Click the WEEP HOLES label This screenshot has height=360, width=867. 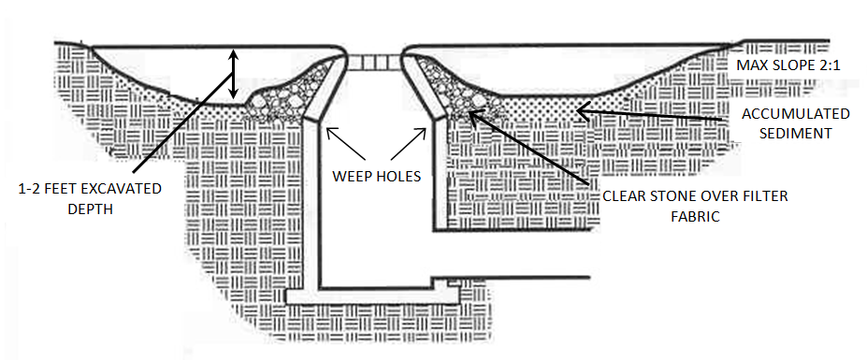376,177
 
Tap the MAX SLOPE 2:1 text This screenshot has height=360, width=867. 788,65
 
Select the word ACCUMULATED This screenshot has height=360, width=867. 796,114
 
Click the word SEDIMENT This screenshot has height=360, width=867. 796,134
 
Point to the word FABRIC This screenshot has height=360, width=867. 695,216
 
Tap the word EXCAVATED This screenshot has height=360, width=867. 119,189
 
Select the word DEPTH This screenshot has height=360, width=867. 90,209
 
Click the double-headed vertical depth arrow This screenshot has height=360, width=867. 234,75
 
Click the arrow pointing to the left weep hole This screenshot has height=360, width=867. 345,143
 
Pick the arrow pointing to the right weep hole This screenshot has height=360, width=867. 409,143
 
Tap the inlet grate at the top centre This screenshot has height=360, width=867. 374,62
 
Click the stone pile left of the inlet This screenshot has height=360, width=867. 287,94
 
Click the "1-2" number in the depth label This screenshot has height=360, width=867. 31,189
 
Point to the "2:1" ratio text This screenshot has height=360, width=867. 827,65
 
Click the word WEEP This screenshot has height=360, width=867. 350,177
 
